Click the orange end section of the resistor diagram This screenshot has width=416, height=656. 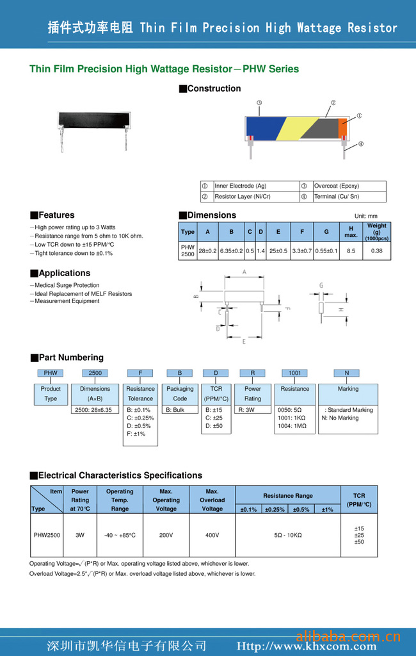(x=342, y=125)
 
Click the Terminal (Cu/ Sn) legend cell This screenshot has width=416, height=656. (x=349, y=197)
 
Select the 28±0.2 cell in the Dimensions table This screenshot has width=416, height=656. (x=207, y=250)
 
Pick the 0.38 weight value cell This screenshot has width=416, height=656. (x=376, y=250)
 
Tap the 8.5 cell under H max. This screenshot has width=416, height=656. (x=351, y=250)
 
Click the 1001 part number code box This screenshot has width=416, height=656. (x=294, y=372)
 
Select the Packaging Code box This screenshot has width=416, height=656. (x=180, y=393)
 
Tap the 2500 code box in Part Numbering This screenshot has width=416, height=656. (x=95, y=372)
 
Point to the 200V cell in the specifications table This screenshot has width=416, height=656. (x=166, y=535)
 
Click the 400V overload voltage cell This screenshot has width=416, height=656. (x=212, y=535)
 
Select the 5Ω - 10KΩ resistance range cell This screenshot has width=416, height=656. (x=287, y=535)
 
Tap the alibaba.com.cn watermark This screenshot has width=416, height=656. (x=349, y=637)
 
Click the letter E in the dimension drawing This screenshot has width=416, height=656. (x=244, y=341)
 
